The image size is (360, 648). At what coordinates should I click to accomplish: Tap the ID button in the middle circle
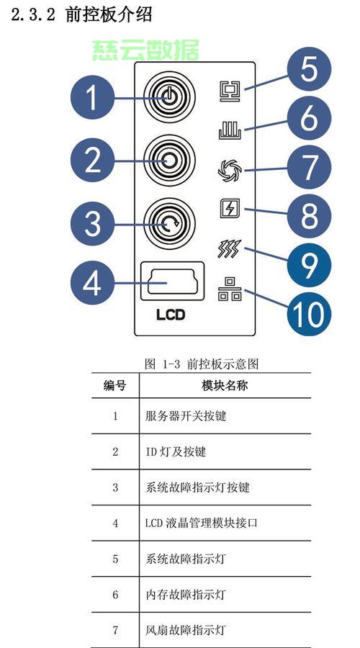click(x=169, y=161)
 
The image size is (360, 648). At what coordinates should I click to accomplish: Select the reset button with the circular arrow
click(x=169, y=224)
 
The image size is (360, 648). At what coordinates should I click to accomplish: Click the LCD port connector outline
click(x=172, y=282)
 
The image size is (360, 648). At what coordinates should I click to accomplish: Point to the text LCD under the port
click(x=171, y=315)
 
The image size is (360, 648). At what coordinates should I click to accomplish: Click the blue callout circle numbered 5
click(x=309, y=69)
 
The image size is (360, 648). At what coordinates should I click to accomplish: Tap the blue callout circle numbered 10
click(x=309, y=314)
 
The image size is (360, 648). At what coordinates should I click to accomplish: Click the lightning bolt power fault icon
click(x=230, y=209)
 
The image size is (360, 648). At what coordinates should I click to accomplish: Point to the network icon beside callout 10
click(x=230, y=291)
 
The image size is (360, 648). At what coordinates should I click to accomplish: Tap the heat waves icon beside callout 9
click(x=228, y=249)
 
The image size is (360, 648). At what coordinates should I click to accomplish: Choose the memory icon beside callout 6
click(x=230, y=130)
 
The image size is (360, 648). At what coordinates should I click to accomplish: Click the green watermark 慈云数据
click(x=145, y=50)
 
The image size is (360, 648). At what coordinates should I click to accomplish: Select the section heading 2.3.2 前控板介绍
click(x=81, y=15)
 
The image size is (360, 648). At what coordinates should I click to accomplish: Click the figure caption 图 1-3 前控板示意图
click(x=202, y=364)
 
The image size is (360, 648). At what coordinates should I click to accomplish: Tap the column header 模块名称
click(x=225, y=386)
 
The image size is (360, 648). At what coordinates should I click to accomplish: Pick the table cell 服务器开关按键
click(x=186, y=415)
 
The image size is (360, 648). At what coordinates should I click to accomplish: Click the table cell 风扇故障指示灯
click(x=185, y=630)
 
